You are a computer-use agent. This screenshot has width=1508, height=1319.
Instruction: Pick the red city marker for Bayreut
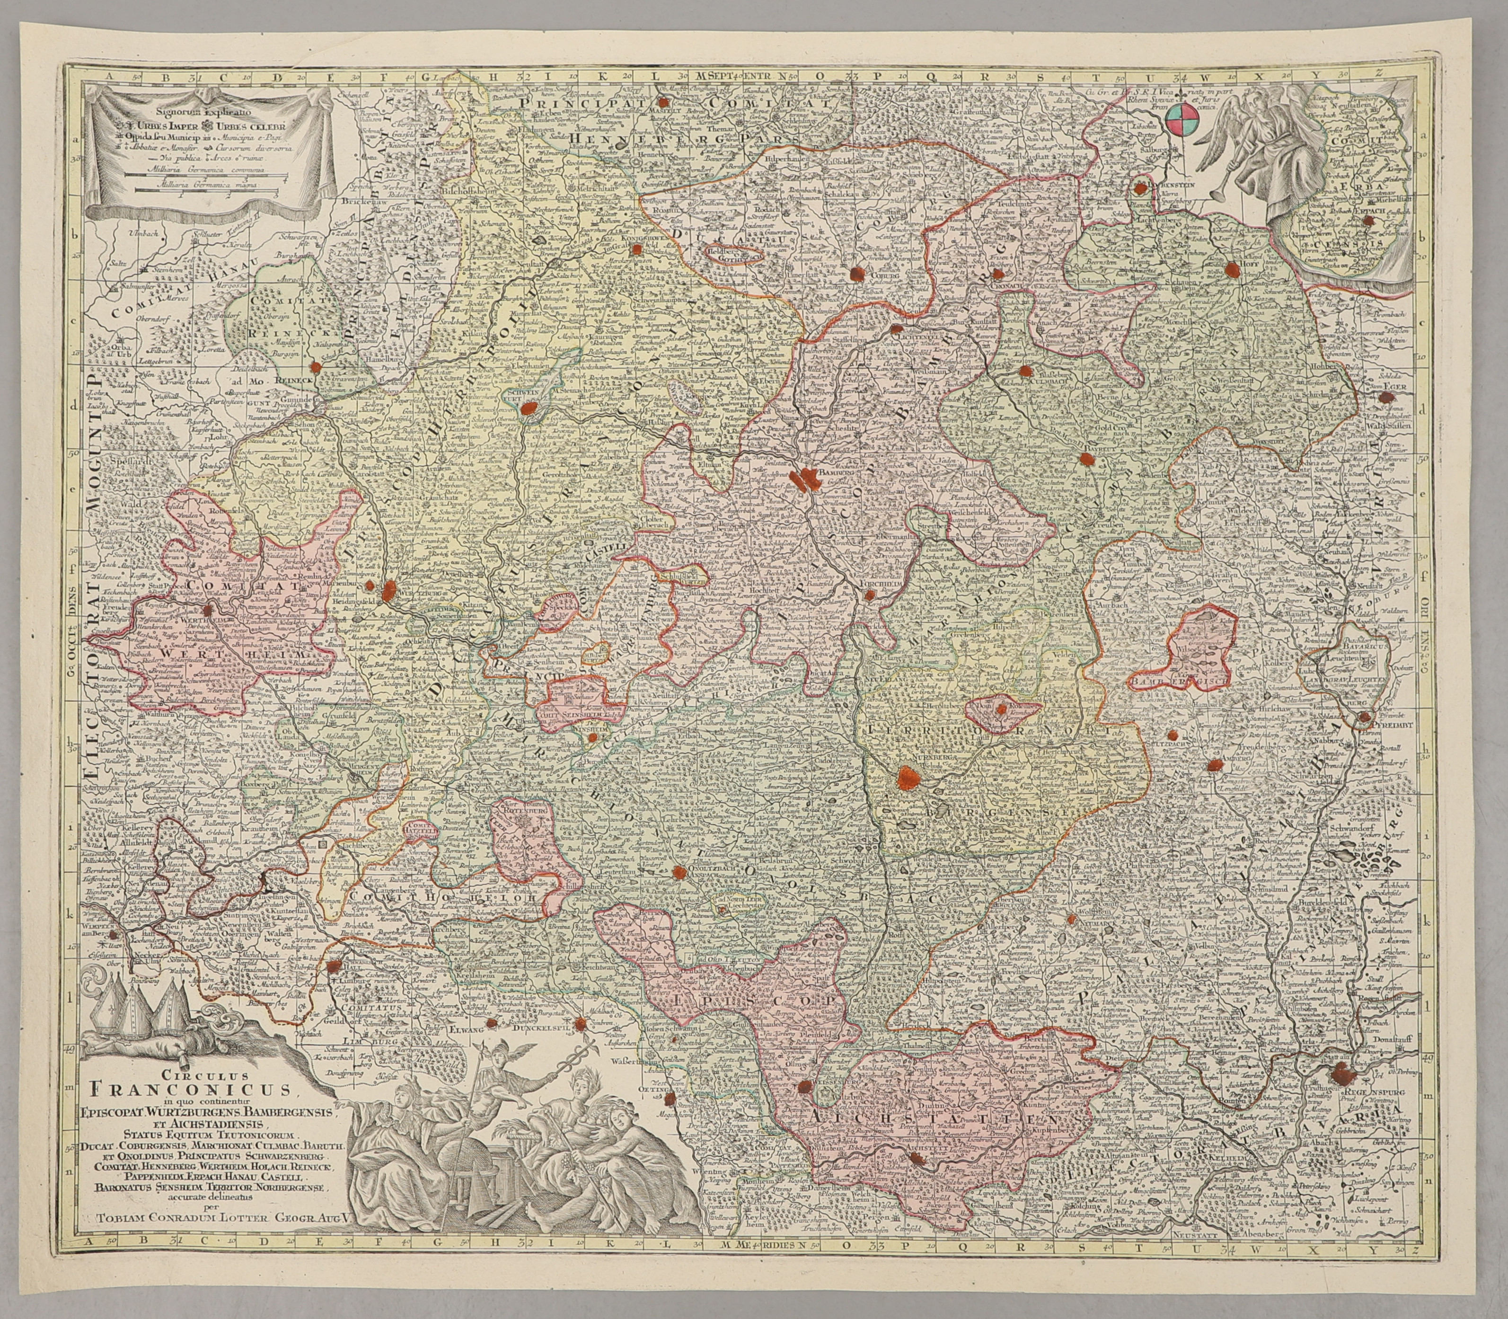click(x=1086, y=459)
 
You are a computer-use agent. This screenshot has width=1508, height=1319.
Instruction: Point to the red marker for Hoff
click(x=1233, y=269)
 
